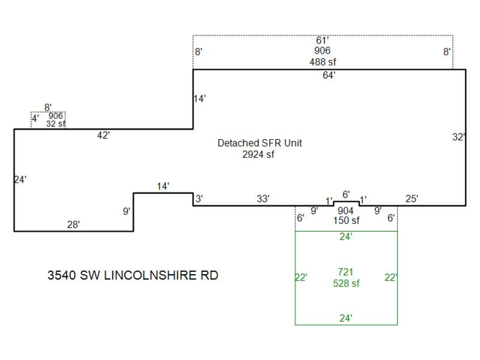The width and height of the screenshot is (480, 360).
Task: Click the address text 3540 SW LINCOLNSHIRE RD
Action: tap(133, 276)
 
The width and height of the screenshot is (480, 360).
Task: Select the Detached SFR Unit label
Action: tap(260, 143)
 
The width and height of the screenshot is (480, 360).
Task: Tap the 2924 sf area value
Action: tap(258, 155)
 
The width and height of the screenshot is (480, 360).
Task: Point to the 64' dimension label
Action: tap(329, 76)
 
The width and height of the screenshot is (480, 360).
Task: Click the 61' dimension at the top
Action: tap(323, 40)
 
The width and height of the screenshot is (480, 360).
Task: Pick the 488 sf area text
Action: tap(323, 61)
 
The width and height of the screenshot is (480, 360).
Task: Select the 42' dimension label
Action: tap(103, 135)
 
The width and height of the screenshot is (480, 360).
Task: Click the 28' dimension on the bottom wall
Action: tap(73, 225)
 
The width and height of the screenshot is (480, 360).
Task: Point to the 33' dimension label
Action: tap(263, 199)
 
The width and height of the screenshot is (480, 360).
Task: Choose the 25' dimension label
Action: tap(412, 199)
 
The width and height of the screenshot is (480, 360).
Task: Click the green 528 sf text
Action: tap(346, 283)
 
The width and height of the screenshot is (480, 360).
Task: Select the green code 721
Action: tap(346, 272)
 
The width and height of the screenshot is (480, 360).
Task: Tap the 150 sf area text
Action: tap(346, 220)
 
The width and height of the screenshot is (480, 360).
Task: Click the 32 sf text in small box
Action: tap(55, 124)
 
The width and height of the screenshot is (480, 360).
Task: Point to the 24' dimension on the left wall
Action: tap(20, 180)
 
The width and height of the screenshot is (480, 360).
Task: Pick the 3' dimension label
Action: tap(198, 199)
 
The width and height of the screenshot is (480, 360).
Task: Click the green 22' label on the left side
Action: tap(301, 277)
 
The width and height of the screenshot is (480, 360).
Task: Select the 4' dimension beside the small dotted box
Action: tap(35, 118)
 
